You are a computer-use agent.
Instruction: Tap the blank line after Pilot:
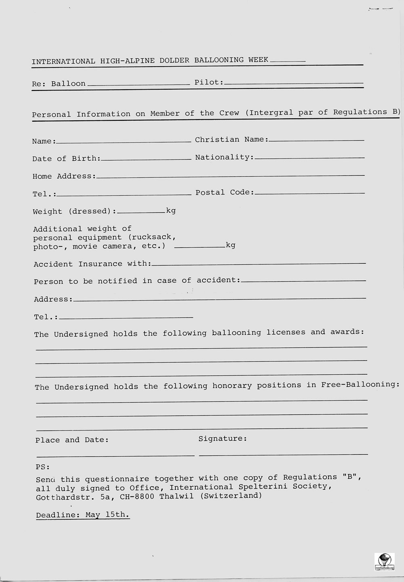[293, 83]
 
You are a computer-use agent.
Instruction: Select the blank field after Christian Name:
[316, 140]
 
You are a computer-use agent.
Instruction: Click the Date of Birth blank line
[146, 159]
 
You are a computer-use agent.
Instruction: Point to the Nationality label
[224, 157]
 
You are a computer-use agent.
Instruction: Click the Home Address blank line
[230, 176]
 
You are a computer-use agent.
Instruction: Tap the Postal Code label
[224, 192]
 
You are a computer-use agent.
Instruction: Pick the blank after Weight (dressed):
[141, 212]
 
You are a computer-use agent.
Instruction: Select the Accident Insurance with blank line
[259, 263]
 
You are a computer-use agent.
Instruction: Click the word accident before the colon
[217, 280]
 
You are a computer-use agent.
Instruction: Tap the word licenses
[286, 332]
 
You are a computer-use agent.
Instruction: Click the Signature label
[222, 439]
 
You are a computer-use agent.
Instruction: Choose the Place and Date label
[72, 440]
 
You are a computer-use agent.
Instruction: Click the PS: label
[42, 467]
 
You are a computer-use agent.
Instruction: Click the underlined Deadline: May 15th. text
[82, 515]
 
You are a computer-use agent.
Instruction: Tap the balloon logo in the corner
[384, 561]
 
